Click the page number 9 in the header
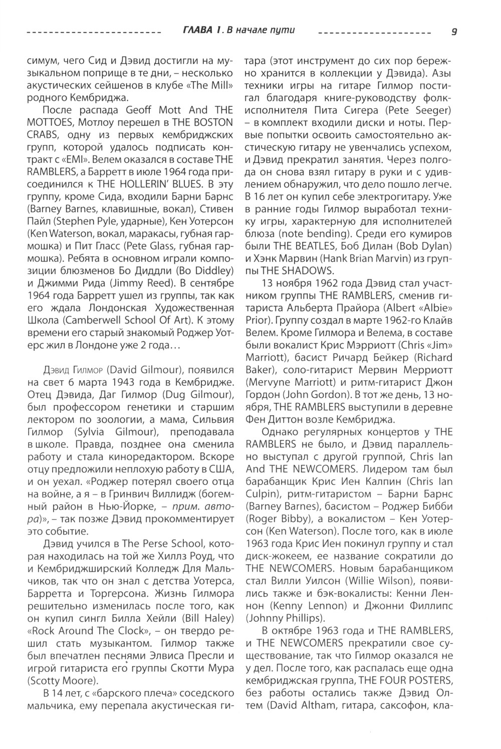click(453, 32)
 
